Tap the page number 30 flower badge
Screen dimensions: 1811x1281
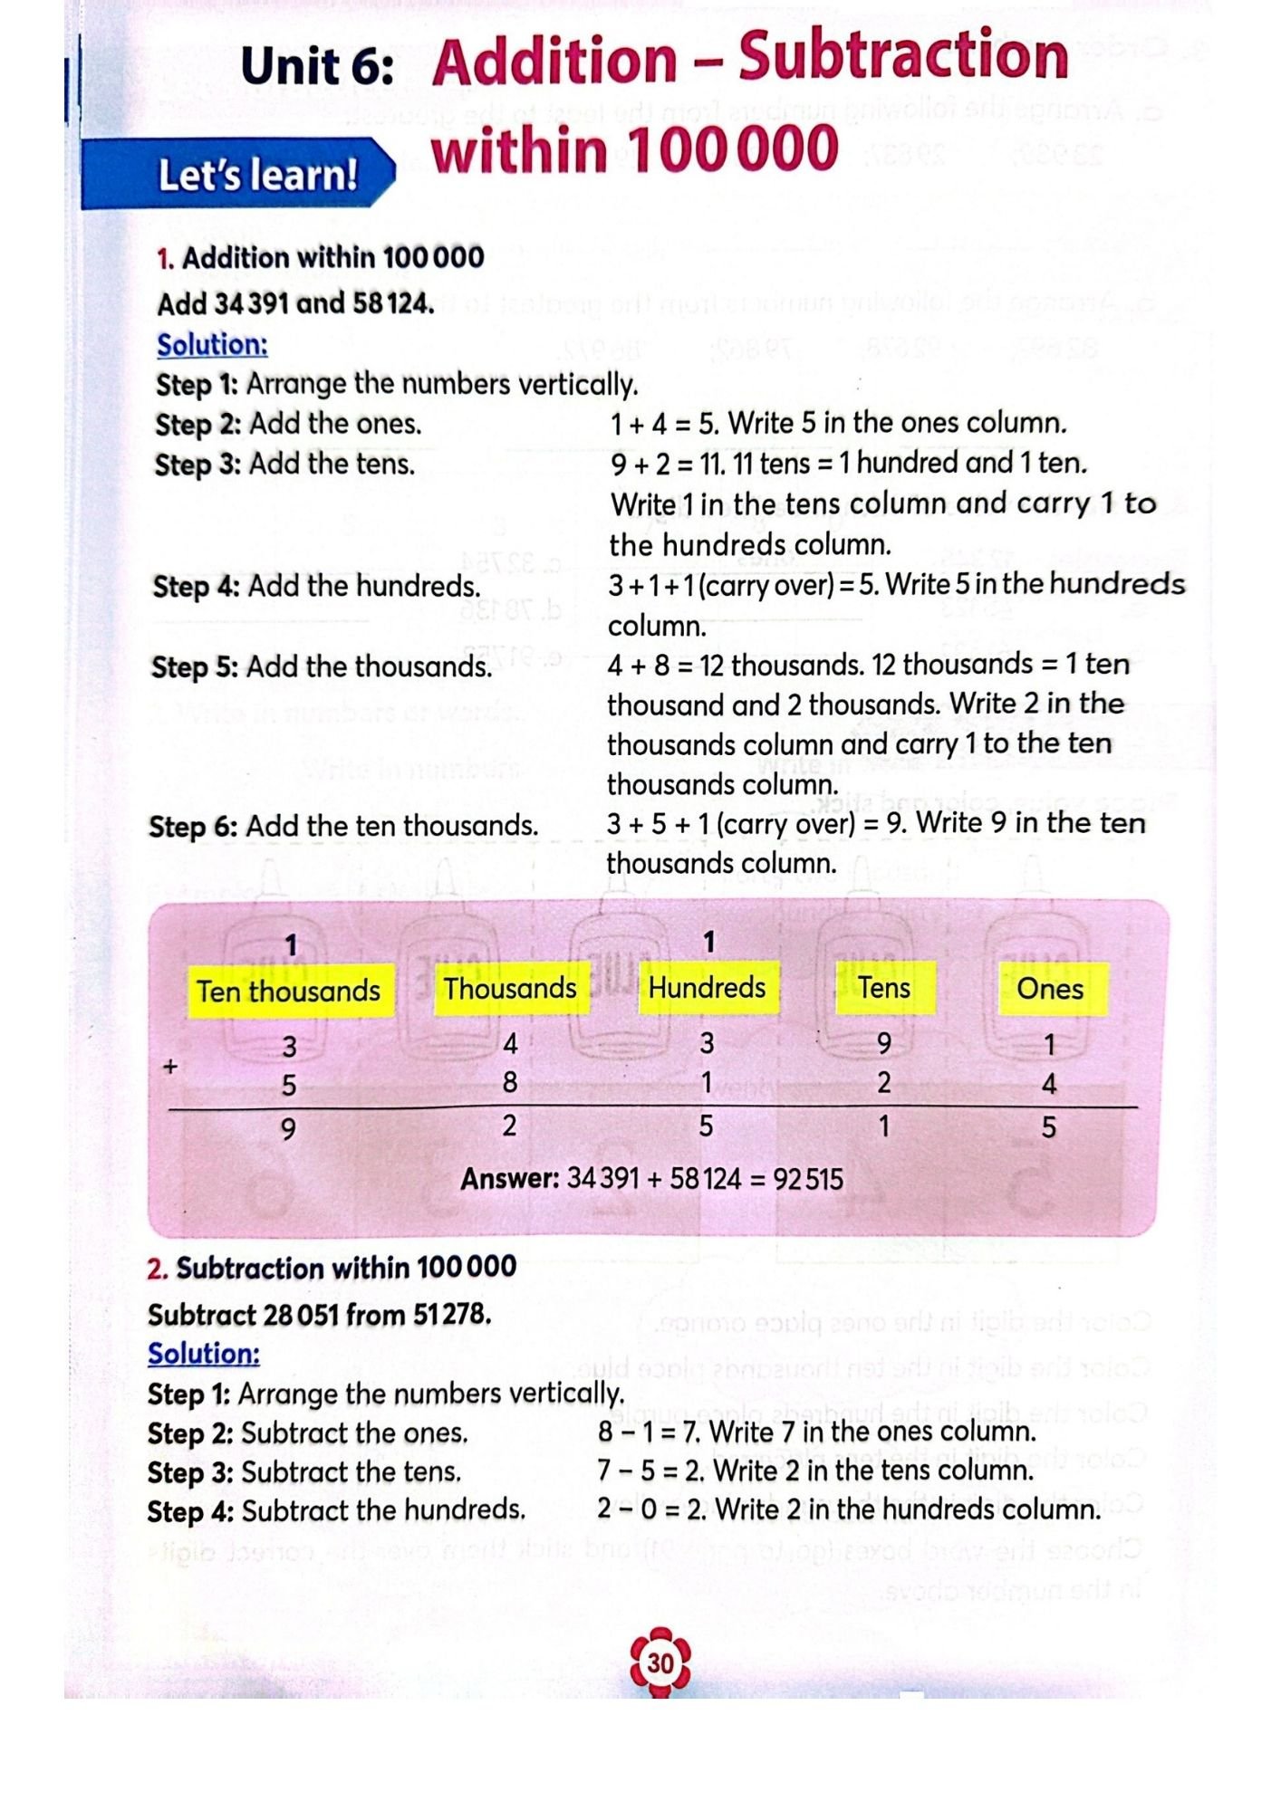point(660,1663)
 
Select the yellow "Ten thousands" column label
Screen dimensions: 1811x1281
point(290,991)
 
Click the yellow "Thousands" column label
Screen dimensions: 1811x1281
point(510,988)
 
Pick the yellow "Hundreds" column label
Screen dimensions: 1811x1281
point(708,987)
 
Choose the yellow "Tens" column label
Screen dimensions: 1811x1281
point(884,987)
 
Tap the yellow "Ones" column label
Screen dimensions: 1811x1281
point(1050,988)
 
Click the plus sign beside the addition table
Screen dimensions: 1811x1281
point(169,1067)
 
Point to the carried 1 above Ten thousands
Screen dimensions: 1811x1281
point(291,945)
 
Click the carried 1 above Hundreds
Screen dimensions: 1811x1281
point(709,942)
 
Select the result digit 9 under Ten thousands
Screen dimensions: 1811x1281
point(288,1128)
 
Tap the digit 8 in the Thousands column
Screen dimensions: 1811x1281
point(510,1082)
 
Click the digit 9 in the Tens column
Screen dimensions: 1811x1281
point(884,1044)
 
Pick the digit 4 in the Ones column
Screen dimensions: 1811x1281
point(1049,1083)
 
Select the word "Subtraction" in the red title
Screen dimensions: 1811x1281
point(903,56)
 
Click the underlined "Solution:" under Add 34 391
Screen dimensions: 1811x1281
point(212,345)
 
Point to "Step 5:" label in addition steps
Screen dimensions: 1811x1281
point(195,667)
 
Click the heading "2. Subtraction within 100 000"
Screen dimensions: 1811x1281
point(332,1267)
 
